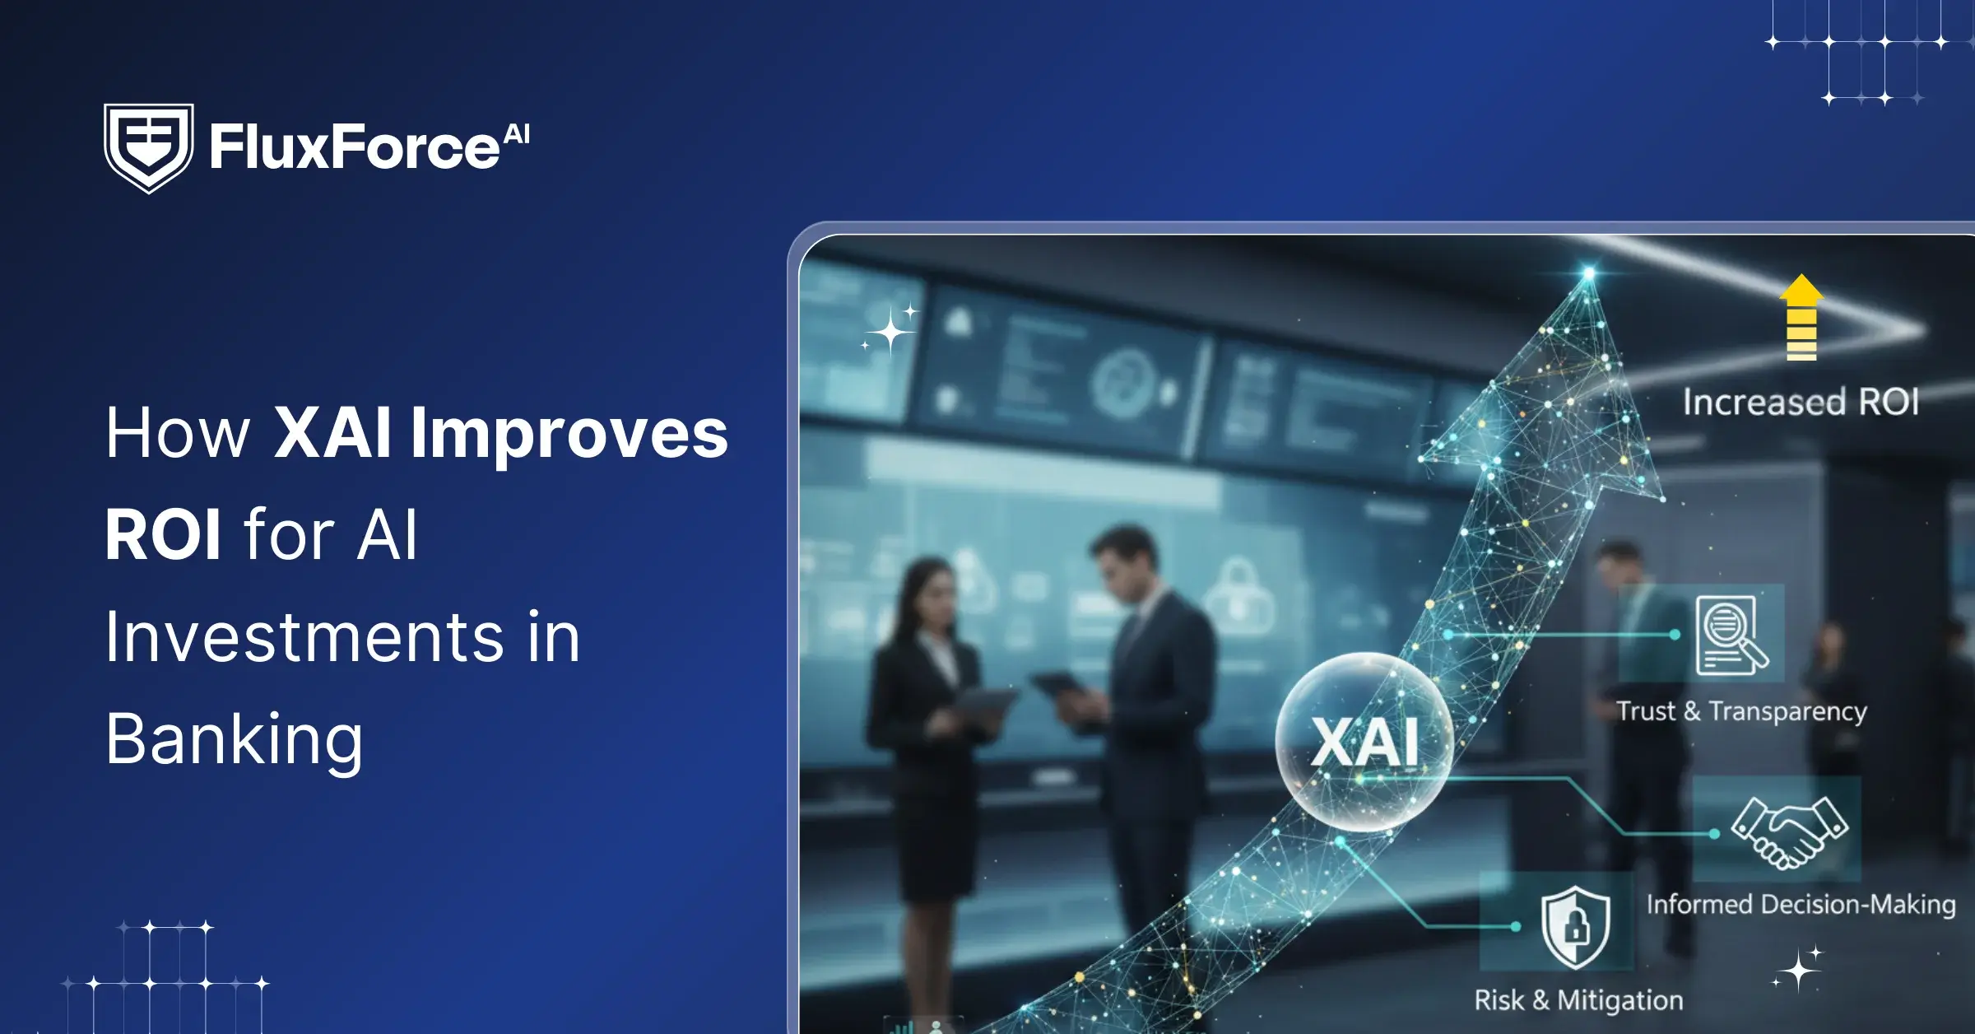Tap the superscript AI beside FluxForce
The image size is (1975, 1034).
tap(517, 134)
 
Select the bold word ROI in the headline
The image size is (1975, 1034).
tap(163, 534)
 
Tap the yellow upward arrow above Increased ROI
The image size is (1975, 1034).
tap(1801, 317)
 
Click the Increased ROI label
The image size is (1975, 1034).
tap(1801, 403)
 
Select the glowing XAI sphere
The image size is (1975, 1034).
tap(1364, 741)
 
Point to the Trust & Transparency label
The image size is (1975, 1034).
tap(1742, 711)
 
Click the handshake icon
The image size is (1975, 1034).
tap(1790, 831)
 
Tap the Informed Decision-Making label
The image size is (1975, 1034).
tap(1801, 905)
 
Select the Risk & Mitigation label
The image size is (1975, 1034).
tap(1578, 1000)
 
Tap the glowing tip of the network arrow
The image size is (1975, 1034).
tap(1589, 272)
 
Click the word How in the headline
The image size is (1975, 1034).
tap(177, 433)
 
